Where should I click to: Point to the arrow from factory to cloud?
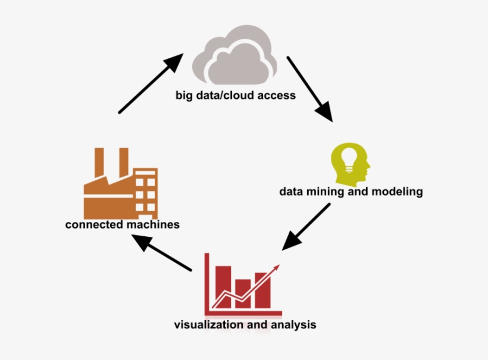click(151, 82)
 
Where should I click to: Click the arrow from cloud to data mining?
click(309, 89)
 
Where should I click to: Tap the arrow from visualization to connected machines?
click(161, 253)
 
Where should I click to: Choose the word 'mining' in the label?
click(326, 192)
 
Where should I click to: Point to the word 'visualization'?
click(208, 325)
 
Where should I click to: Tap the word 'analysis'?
click(293, 325)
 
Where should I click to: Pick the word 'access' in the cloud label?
click(277, 95)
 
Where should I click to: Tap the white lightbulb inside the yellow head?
click(349, 156)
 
